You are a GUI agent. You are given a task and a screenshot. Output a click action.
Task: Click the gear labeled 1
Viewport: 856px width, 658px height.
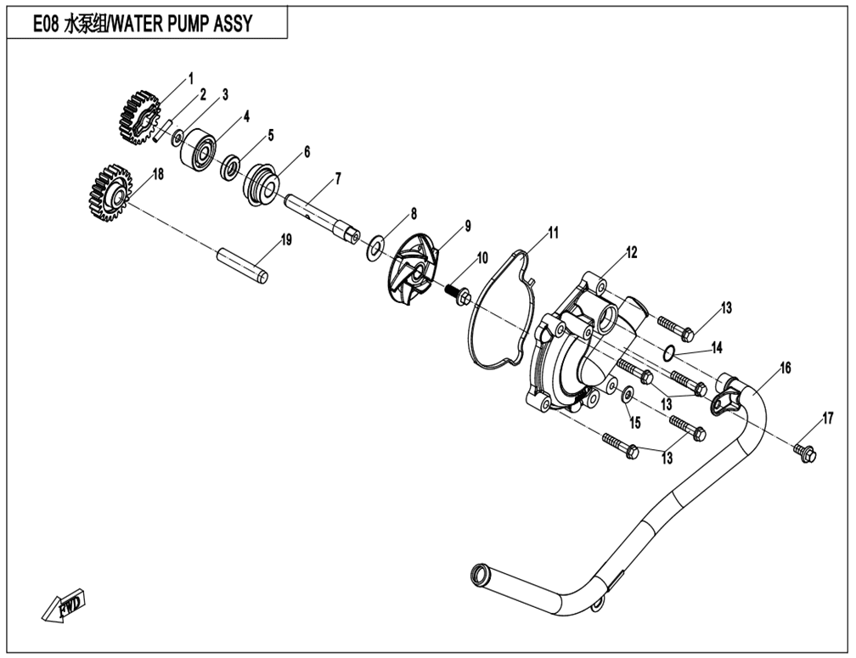tap(137, 116)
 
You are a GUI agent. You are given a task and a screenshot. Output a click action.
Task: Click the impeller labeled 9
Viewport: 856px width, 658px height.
tap(414, 271)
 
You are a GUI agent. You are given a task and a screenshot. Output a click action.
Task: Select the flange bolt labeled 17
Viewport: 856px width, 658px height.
tap(804, 452)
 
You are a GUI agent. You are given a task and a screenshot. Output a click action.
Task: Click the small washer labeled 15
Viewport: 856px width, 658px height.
tap(628, 394)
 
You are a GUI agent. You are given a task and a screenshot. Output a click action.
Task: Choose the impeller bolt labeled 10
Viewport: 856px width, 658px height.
tap(461, 294)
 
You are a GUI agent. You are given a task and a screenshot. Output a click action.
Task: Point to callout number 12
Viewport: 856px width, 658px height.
tap(631, 252)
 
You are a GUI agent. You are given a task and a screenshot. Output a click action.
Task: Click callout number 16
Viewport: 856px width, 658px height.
tap(785, 368)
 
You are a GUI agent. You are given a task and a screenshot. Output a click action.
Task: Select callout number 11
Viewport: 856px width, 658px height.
tap(553, 232)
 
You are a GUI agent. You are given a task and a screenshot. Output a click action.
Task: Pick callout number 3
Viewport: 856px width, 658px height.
tap(225, 95)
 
